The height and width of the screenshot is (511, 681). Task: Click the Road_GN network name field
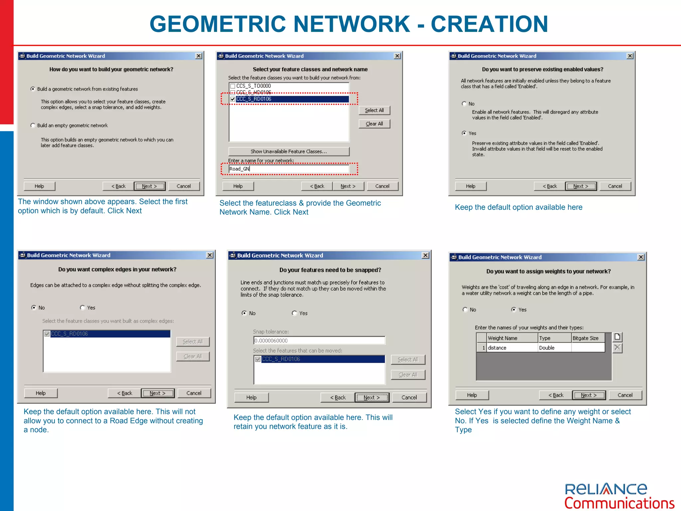pos(289,169)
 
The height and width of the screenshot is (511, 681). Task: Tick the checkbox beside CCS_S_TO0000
pos(233,86)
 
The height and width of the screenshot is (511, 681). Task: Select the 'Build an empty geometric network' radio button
pos(33,125)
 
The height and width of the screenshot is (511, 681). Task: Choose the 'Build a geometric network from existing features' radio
pos(33,89)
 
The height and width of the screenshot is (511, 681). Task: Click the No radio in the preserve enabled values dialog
pos(464,104)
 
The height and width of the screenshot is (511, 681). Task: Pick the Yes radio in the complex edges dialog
pos(82,308)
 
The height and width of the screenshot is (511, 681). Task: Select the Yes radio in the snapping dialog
pos(294,313)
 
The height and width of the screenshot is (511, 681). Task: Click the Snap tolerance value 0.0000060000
pos(319,340)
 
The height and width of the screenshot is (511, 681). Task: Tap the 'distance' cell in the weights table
pos(512,348)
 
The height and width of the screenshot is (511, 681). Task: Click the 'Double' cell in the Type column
pos(554,348)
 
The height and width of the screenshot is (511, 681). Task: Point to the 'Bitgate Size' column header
pos(587,338)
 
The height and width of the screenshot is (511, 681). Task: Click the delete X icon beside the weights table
pos(617,348)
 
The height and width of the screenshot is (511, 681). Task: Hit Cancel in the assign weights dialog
pos(625,395)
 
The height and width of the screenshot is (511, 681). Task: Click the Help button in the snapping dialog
pos(251,398)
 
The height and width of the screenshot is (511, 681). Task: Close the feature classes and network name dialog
pos(397,56)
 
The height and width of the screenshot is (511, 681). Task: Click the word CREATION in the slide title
pos(489,24)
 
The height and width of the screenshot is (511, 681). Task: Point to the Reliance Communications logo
pos(619,496)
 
